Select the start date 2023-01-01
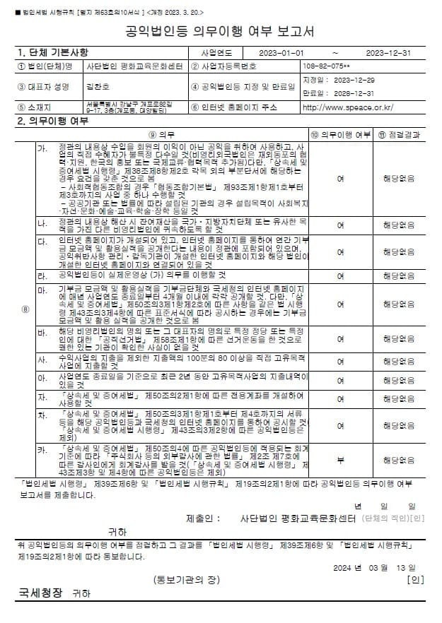coord(281,53)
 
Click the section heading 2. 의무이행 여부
coord(52,121)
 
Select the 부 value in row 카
coord(341,460)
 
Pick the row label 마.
coord(42,290)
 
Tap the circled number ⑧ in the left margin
coord(25,309)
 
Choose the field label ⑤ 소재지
coord(39,108)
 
